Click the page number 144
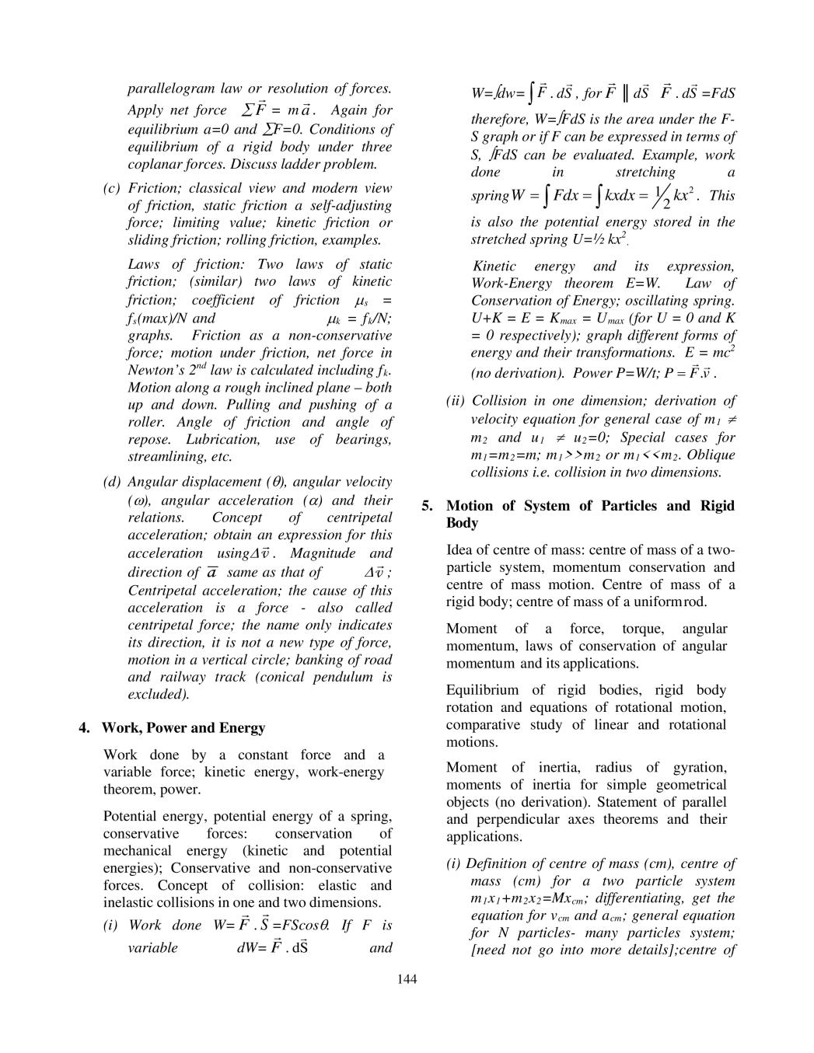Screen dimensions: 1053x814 tap(407, 978)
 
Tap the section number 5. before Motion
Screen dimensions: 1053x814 tap(427, 506)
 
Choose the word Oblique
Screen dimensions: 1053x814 tap(711, 455)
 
